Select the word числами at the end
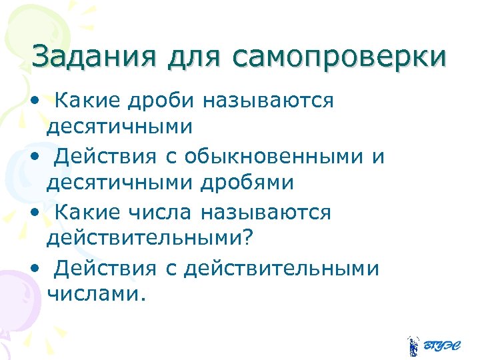click(x=95, y=293)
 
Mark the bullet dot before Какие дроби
click(x=34, y=102)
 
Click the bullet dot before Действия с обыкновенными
click(x=34, y=158)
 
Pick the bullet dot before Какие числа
click(x=34, y=214)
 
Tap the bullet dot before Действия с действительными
click(x=34, y=269)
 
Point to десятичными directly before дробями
click(x=118, y=181)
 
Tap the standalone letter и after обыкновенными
click(x=378, y=158)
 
